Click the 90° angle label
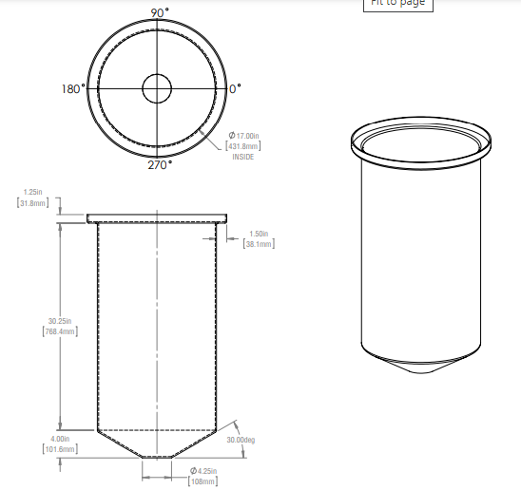point(159,12)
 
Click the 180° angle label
point(73,88)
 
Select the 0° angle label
point(236,88)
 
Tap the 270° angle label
point(159,165)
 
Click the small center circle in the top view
point(157,89)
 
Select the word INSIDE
point(242,156)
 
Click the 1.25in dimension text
point(32,193)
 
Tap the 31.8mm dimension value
point(31,203)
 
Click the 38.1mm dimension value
point(259,244)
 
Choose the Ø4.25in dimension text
point(203,472)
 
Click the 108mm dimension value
point(203,482)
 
